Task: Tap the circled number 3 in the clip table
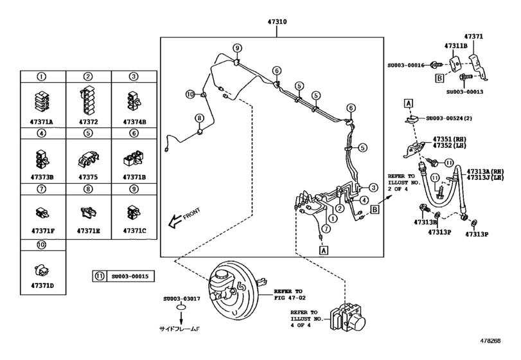tap(134, 76)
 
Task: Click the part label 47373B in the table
tap(42, 175)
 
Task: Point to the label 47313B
tap(425, 222)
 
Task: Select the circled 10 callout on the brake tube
tap(190, 94)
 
